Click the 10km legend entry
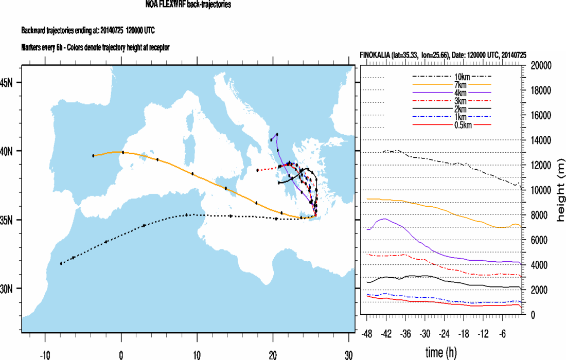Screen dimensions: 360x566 click(451, 77)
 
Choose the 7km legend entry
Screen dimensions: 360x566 click(451, 84)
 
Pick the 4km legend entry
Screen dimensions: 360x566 click(451, 93)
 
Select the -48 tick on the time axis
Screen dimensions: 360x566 click(367, 333)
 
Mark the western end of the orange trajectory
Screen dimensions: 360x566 click(93, 155)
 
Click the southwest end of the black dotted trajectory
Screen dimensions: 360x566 click(61, 263)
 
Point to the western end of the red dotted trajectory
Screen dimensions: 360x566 click(258, 170)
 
